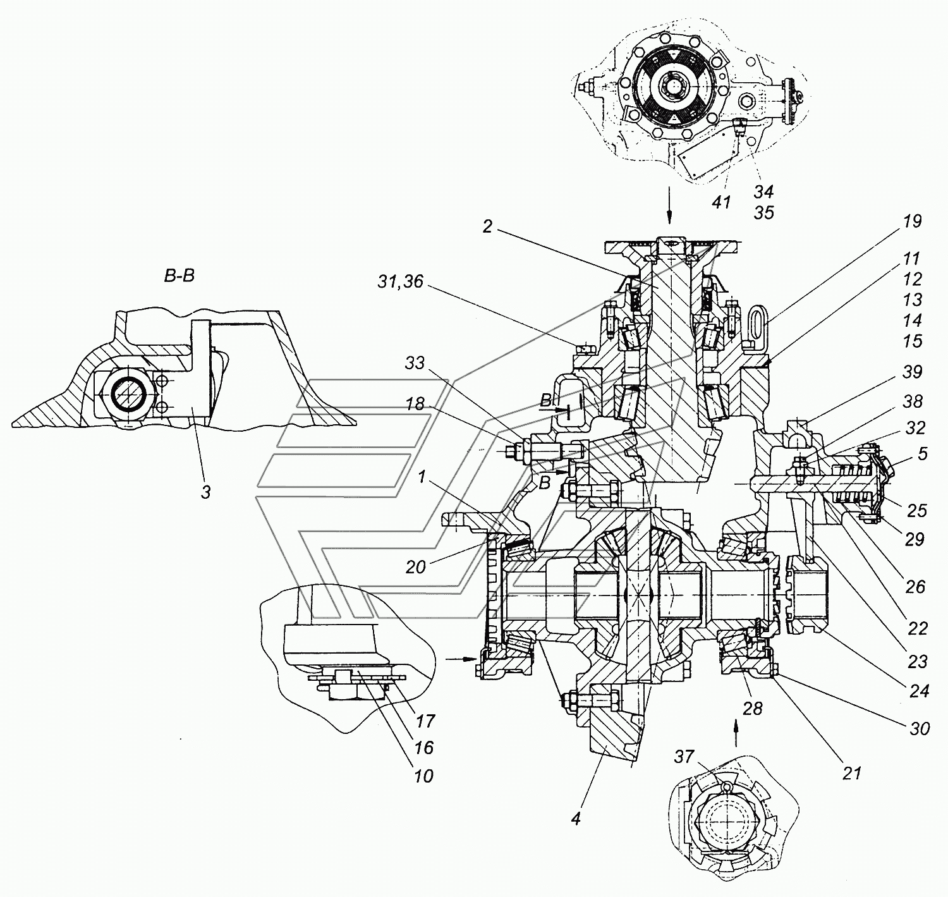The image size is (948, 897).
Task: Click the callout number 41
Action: click(721, 202)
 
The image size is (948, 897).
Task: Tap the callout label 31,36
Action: click(401, 281)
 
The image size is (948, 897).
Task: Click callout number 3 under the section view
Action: click(206, 492)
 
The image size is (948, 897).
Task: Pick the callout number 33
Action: click(414, 363)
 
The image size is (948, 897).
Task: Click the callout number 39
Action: click(911, 372)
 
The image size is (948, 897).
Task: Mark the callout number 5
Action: click(923, 454)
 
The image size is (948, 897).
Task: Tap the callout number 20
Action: click(416, 567)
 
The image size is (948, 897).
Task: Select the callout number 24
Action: click(919, 692)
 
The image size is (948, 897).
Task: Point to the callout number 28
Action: click(753, 708)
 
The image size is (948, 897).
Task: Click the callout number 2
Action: click(487, 226)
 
